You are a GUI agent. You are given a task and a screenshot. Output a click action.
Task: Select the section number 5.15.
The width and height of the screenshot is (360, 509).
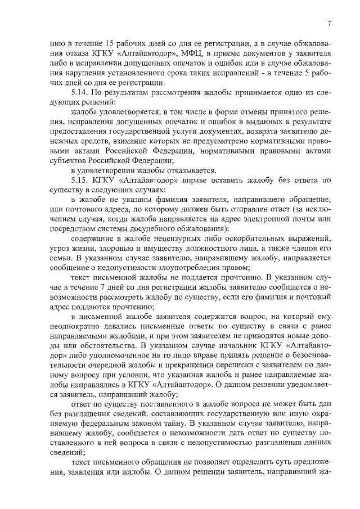80,181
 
